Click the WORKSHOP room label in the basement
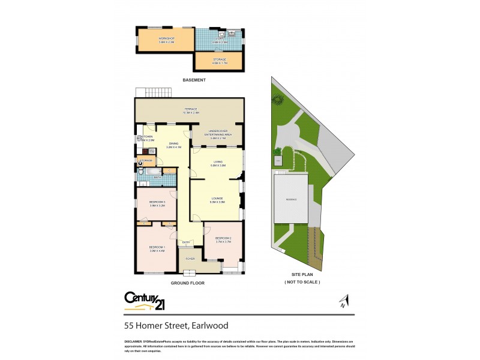click(166, 38)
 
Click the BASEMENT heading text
click(194, 80)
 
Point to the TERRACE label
click(191, 109)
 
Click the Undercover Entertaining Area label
click(217, 133)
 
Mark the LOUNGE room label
click(217, 198)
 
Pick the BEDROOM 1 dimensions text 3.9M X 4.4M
click(157, 251)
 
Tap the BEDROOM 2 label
click(223, 238)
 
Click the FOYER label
click(190, 258)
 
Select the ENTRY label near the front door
click(187, 242)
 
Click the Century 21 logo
click(144, 301)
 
